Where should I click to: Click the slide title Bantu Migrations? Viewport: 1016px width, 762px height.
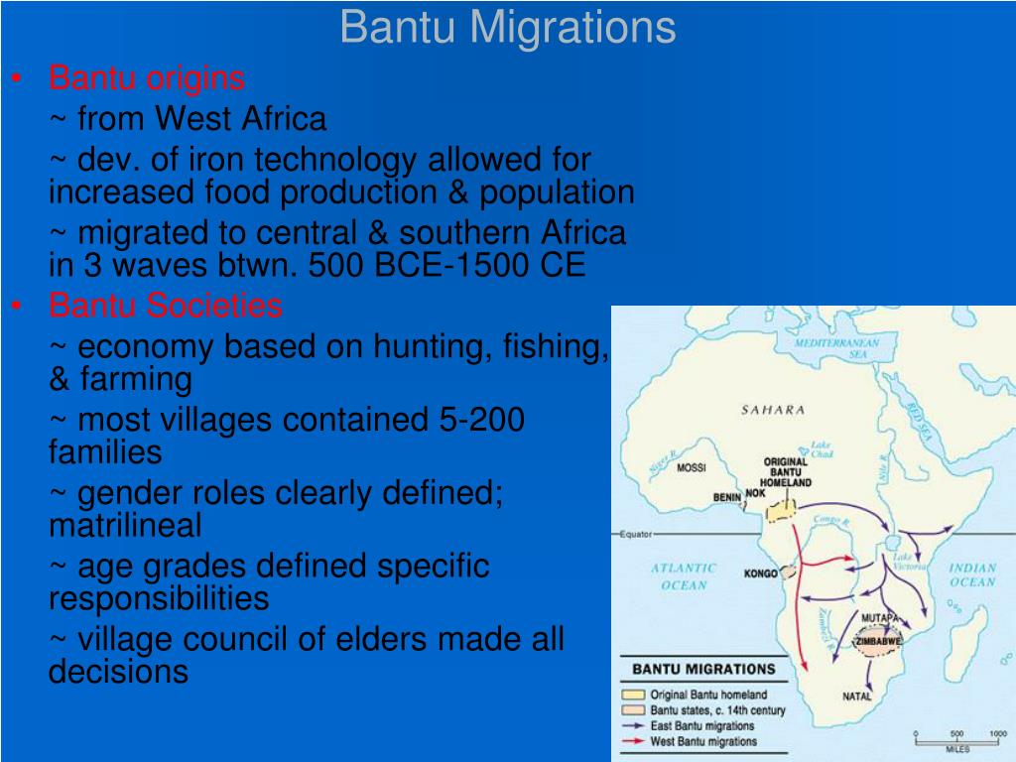click(x=507, y=27)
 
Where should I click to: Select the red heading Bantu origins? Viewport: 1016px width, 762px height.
click(x=147, y=77)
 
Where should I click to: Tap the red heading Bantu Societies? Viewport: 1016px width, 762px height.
click(x=166, y=306)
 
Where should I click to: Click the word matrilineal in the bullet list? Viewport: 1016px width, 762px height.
click(x=125, y=524)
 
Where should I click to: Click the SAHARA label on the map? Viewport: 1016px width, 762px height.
click(x=773, y=410)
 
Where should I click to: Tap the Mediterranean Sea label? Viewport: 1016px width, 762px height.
click(x=836, y=348)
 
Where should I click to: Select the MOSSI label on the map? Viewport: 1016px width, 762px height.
click(x=691, y=468)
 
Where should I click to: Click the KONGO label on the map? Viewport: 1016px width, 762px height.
click(x=760, y=573)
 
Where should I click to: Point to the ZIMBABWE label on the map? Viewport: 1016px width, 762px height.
click(x=878, y=641)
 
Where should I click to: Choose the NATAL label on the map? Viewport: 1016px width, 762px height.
click(x=857, y=697)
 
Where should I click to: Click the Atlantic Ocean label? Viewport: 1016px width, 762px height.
click(x=684, y=576)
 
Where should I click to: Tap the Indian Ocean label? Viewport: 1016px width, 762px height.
click(x=972, y=575)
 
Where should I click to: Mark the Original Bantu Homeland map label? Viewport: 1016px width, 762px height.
click(x=786, y=472)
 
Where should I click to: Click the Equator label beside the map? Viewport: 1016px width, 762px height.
click(x=636, y=534)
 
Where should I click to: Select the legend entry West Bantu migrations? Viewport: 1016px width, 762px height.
click(x=702, y=741)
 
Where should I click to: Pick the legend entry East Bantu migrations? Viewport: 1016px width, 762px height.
click(x=701, y=726)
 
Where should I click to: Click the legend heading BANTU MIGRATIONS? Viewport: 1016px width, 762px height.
click(x=703, y=670)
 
